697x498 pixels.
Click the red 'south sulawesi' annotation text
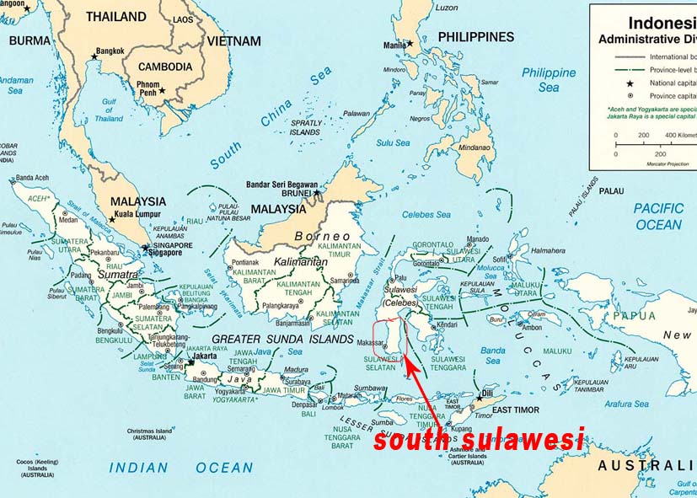coord(479,439)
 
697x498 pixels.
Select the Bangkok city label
coord(110,51)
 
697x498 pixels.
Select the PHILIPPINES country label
coord(475,37)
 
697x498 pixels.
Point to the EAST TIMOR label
coord(515,410)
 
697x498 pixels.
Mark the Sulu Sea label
coord(393,142)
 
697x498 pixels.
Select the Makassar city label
coord(371,343)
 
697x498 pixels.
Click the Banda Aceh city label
coord(35,178)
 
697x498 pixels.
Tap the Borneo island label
coord(321,236)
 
